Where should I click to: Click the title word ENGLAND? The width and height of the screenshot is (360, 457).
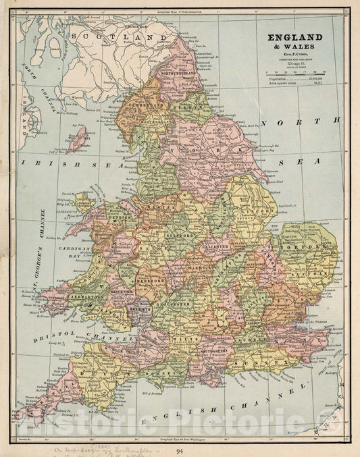(294, 38)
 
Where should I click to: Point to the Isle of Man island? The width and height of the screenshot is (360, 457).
(78, 141)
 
